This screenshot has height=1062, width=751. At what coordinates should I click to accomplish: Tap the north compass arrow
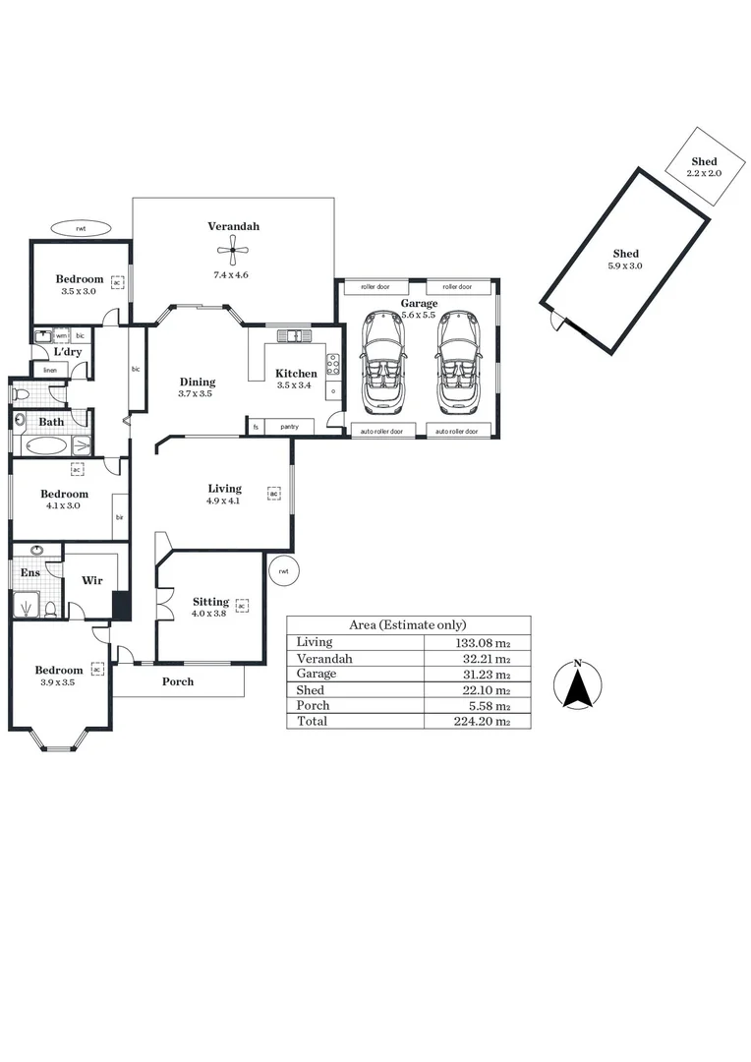pyautogui.click(x=578, y=684)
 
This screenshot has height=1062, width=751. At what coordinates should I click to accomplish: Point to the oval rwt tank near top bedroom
pyautogui.click(x=81, y=228)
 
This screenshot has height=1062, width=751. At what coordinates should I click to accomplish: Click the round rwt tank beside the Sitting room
pyautogui.click(x=283, y=570)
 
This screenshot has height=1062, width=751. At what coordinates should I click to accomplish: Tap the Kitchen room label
pyautogui.click(x=296, y=373)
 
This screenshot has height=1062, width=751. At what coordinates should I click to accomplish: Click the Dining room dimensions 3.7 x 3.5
pyautogui.click(x=196, y=393)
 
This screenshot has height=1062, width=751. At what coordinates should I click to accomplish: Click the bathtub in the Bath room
pyautogui.click(x=47, y=445)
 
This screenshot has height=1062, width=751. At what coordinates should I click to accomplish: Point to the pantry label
pyautogui.click(x=289, y=427)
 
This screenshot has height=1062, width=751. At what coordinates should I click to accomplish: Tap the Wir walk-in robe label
pyautogui.click(x=92, y=581)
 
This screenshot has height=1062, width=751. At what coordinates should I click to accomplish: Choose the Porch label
pyautogui.click(x=178, y=681)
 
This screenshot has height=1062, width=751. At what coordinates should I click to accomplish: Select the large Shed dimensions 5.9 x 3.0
pyautogui.click(x=625, y=265)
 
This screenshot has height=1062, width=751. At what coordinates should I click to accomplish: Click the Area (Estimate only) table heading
pyautogui.click(x=408, y=624)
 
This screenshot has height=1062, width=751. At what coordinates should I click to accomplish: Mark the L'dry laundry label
pyautogui.click(x=67, y=351)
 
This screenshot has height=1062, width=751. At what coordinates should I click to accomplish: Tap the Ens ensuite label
pyautogui.click(x=30, y=572)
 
